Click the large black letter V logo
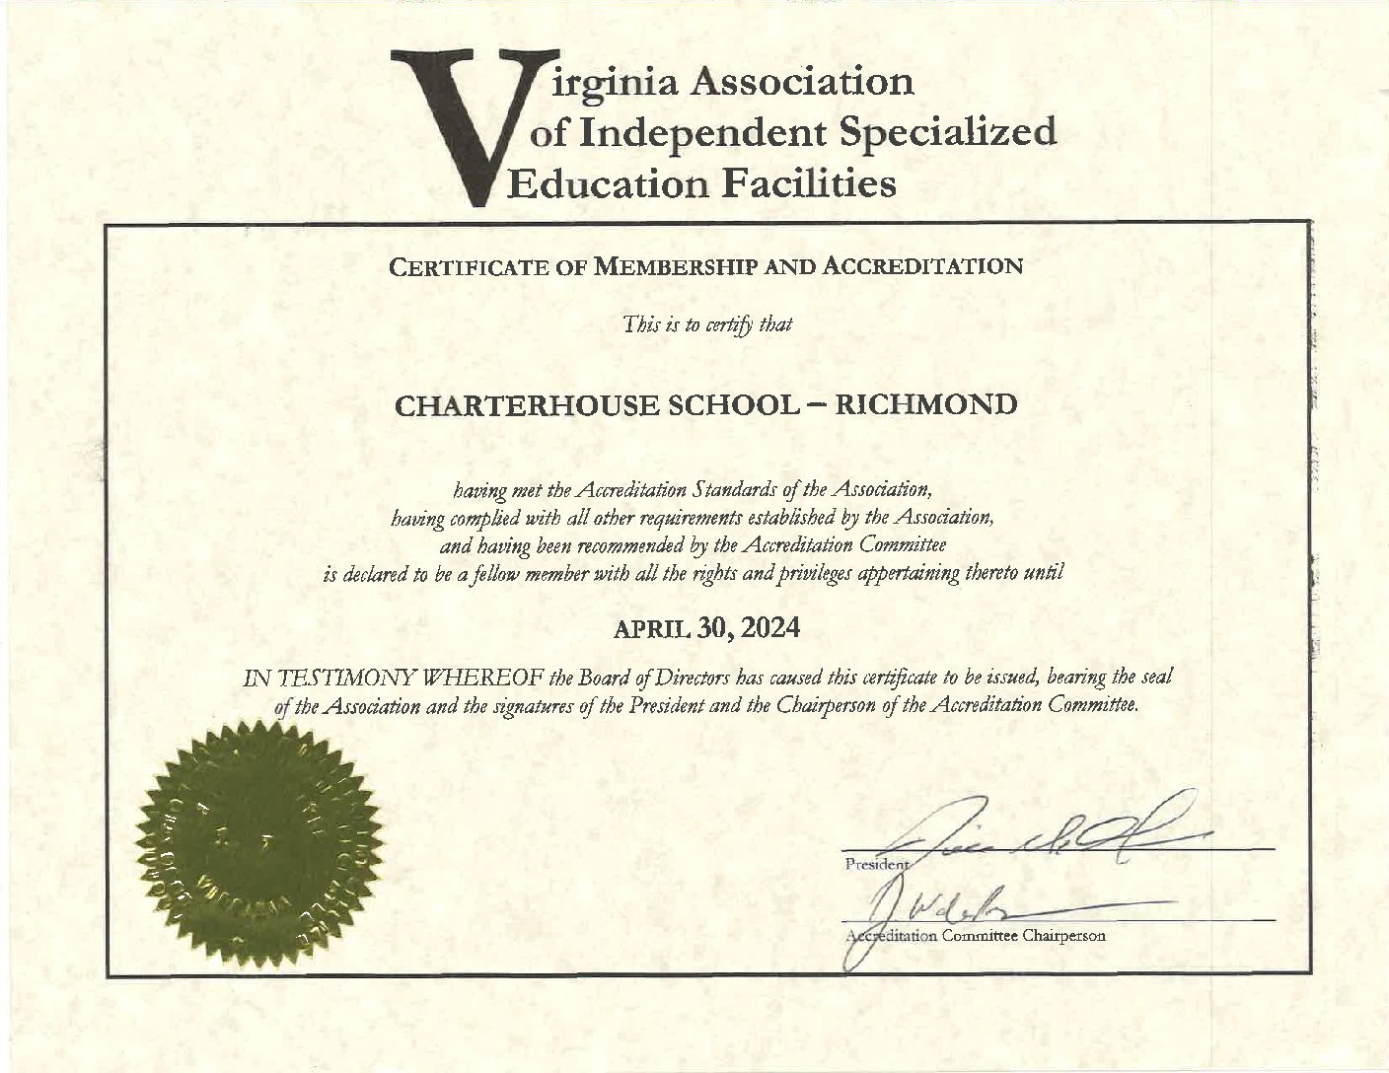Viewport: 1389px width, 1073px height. tap(456, 118)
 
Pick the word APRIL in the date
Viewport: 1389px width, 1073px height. tap(652, 628)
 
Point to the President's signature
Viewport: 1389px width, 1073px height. tap(1046, 833)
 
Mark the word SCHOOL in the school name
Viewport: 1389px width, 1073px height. tap(725, 405)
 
